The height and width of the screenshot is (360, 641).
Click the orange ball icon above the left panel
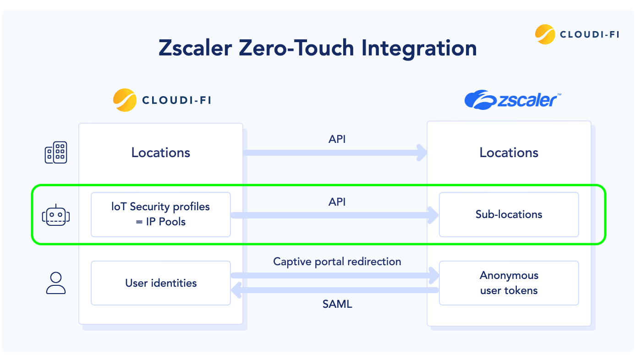point(125,100)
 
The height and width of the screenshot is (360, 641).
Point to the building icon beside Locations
point(56,153)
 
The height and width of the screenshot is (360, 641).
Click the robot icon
point(56,215)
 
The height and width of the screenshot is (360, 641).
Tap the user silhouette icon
point(56,283)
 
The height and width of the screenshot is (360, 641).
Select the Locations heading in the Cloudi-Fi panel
point(161,153)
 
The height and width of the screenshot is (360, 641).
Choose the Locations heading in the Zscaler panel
point(509,153)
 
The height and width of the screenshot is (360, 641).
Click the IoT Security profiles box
point(161,214)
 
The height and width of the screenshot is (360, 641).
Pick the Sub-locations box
point(509,214)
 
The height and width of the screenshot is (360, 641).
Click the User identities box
point(161,283)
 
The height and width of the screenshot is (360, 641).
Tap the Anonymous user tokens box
point(509,283)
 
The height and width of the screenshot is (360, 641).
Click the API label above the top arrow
point(337,139)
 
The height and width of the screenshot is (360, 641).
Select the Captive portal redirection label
point(337,262)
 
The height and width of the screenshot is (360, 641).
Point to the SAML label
point(337,304)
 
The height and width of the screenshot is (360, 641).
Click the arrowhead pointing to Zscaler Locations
point(422,153)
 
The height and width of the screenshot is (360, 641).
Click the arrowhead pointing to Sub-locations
point(433,215)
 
